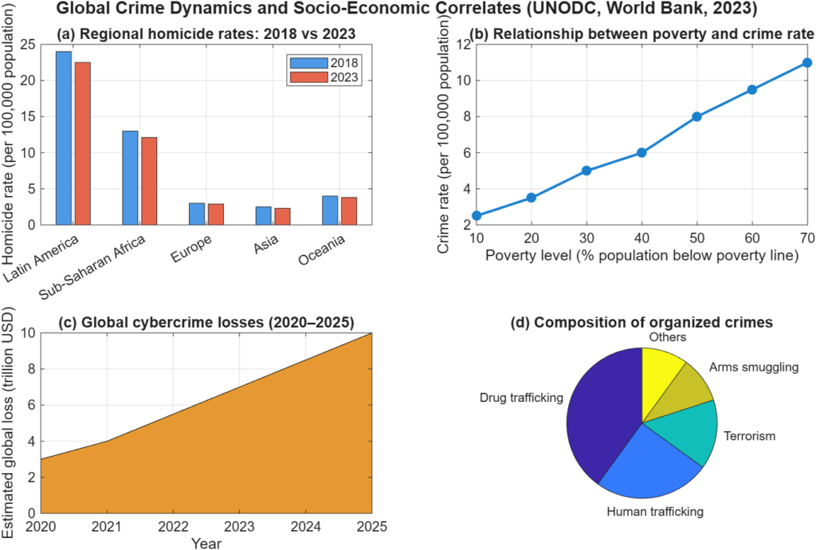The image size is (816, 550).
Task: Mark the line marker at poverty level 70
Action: point(806,62)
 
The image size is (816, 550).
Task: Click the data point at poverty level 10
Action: point(477,216)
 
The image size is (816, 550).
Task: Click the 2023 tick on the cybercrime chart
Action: point(238,528)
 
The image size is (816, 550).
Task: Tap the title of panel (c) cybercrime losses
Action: point(206,322)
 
